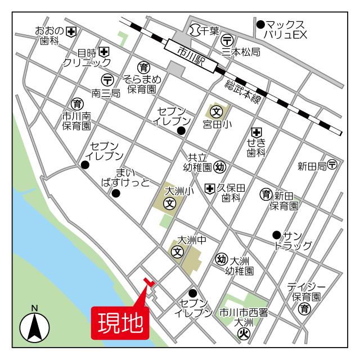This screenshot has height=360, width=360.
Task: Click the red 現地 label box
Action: pos(120,323)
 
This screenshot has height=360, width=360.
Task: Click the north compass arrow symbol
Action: pos(35,326)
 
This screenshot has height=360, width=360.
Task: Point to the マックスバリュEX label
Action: pos(285,30)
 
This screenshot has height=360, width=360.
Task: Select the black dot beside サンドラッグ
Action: pos(276,235)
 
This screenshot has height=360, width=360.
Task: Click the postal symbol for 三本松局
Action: pos(227,40)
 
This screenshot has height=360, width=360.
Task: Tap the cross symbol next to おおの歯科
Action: pos(71,31)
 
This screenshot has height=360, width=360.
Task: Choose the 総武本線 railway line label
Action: pos(243,91)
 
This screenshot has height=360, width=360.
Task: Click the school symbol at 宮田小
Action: pos(217,110)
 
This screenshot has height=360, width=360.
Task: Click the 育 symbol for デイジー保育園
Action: pos(304,308)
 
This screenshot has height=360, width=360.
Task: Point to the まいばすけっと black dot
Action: pos(116,193)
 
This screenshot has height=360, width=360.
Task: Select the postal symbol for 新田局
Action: pos(332,165)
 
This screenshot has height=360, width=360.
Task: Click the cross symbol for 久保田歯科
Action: pos(210,188)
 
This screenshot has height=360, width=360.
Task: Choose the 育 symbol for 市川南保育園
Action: pos(76,104)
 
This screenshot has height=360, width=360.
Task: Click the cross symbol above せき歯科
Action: pos(257,132)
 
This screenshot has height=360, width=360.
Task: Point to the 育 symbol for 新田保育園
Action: pos(265,195)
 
